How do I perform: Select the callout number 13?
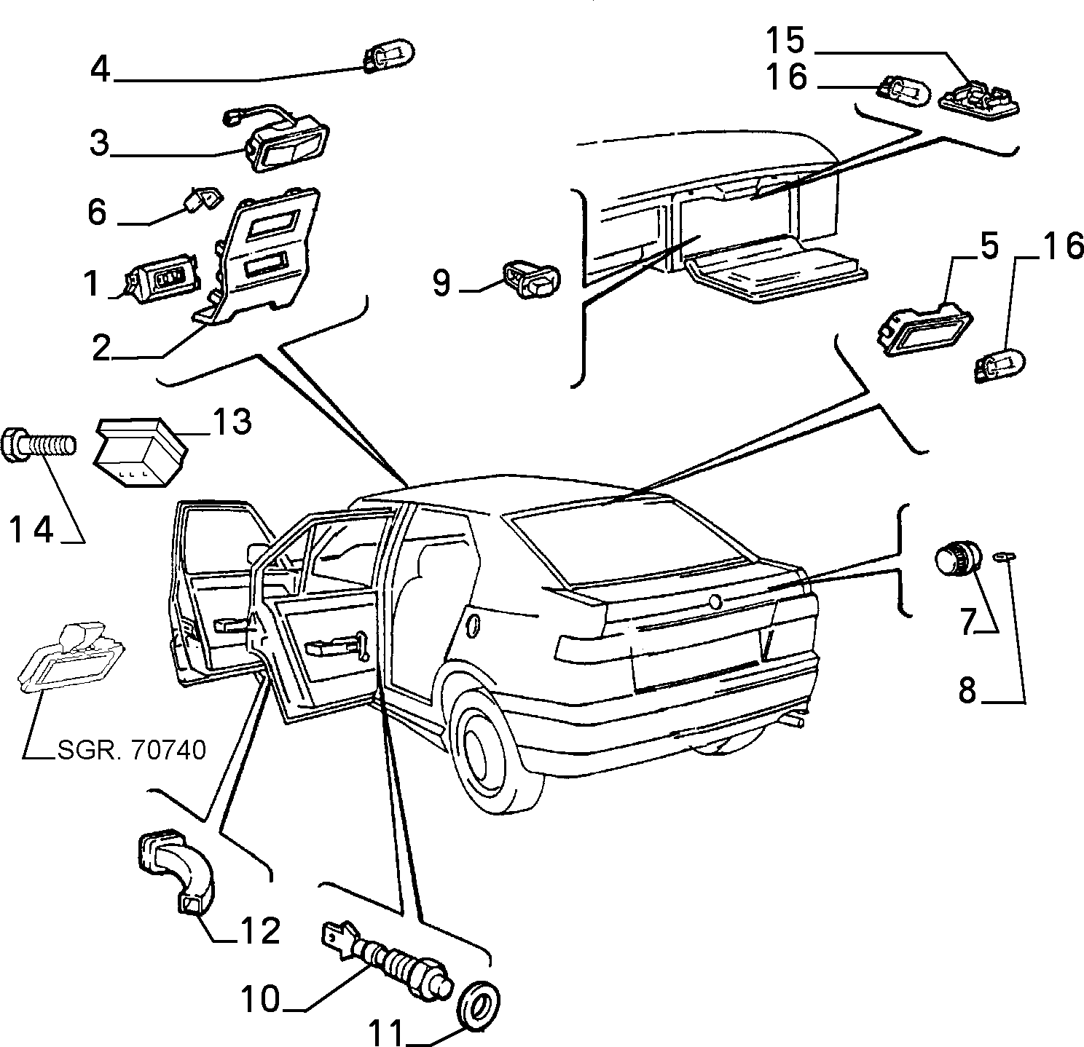tap(232, 421)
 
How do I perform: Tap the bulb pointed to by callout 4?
tap(389, 53)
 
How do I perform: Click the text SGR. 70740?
tap(131, 750)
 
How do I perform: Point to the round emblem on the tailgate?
tap(715, 601)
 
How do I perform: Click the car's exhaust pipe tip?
tap(793, 722)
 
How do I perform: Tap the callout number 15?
tap(785, 39)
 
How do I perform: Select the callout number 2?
tap(101, 349)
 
